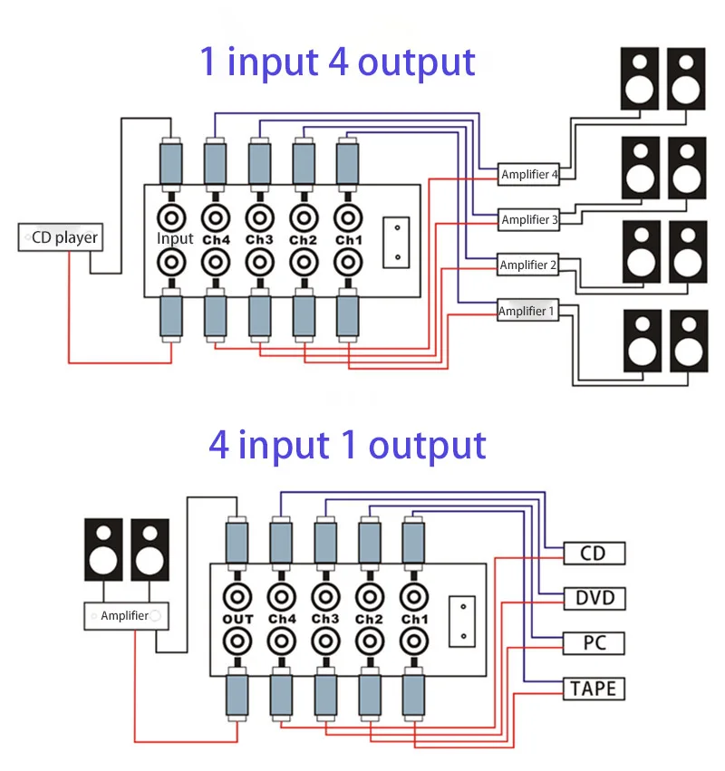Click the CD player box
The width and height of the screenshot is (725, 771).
[61, 237]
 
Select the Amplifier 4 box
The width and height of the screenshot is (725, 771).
[528, 175]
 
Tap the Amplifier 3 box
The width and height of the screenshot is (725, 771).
[528, 219]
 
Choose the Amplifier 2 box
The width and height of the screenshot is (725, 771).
[527, 265]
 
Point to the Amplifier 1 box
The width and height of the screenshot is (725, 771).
[527, 310]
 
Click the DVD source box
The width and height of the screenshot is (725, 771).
[594, 599]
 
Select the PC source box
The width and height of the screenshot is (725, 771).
[594, 643]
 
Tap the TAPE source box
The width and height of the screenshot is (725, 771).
[594, 689]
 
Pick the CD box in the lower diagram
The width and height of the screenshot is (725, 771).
[594, 554]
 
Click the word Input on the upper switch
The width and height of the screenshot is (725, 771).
[175, 238]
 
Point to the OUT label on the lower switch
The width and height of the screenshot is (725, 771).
[237, 619]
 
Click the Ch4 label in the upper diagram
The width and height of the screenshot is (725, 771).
[216, 240]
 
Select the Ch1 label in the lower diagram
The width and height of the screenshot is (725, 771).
[415, 619]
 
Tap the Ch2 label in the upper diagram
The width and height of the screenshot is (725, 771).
[303, 240]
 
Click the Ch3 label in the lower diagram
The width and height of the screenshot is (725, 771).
[325, 619]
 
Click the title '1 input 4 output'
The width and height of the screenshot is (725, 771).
[337, 63]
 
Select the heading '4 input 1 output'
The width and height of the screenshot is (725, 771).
[347, 445]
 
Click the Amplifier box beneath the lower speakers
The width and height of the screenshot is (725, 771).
[126, 615]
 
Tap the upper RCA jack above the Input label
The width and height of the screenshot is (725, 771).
[171, 217]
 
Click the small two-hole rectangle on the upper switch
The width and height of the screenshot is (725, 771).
[396, 243]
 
